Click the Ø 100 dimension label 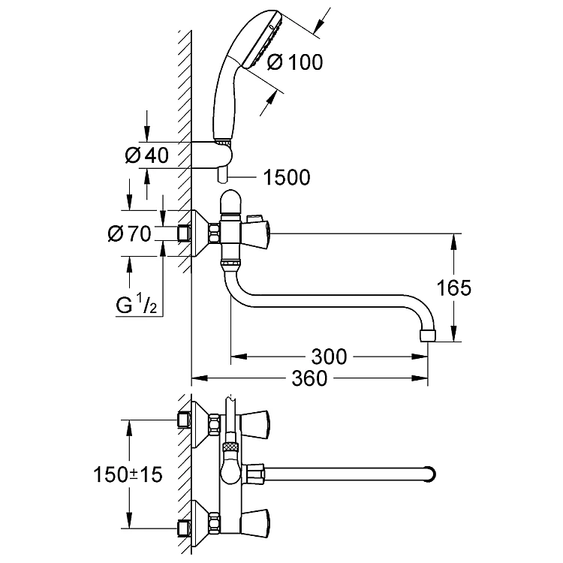pos(295,62)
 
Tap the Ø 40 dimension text pos(147,155)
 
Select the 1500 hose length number pos(287,177)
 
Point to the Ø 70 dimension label pos(129,233)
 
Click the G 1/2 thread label pos(137,306)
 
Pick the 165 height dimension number pos(453,288)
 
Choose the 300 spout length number pos(329,357)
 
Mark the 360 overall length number pos(309,378)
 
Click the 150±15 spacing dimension pos(128,474)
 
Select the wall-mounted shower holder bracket pos(212,155)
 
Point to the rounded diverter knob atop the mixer pos(230,202)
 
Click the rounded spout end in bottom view pos(430,474)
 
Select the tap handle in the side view pos(257,234)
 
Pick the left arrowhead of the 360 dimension pos(200,378)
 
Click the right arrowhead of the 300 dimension pos(420,357)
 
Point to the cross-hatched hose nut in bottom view pos(230,447)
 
